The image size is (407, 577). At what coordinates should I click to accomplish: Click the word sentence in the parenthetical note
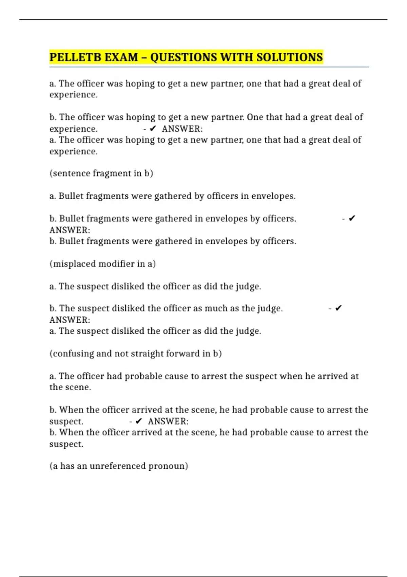pyautogui.click(x=71, y=173)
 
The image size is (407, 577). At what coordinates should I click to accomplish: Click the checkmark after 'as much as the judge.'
pyautogui.click(x=338, y=308)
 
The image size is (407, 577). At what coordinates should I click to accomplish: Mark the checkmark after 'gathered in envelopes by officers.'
pyautogui.click(x=352, y=218)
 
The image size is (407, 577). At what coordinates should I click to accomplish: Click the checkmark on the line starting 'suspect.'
pyautogui.click(x=138, y=421)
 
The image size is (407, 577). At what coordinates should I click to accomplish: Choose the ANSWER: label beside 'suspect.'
pyautogui.click(x=168, y=422)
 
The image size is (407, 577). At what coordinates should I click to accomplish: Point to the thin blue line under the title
pyautogui.click(x=209, y=67)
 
